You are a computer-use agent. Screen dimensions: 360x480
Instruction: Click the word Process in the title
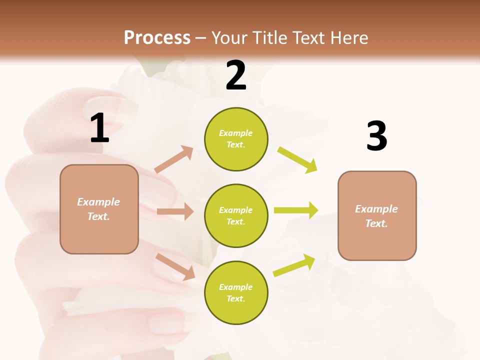157,37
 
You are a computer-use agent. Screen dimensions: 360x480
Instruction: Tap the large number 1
99,128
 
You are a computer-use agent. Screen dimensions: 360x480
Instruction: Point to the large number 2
236,75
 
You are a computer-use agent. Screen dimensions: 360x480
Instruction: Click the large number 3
376,136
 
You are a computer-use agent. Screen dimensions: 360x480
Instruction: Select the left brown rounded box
99,209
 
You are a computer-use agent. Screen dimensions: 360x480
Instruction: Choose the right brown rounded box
377,215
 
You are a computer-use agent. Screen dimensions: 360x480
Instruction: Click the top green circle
236,139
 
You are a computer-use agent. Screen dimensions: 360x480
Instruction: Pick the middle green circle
236,215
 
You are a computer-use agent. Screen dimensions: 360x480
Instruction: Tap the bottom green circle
236,292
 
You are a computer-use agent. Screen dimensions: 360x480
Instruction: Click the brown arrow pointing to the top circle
173,159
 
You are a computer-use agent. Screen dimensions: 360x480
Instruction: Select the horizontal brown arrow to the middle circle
175,211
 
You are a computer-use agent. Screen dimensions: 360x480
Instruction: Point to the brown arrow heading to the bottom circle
175,266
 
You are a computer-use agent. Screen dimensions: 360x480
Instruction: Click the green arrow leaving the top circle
297,160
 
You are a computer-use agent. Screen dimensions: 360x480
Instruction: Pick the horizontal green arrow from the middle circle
295,210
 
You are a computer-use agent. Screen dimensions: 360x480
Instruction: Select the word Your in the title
229,37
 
